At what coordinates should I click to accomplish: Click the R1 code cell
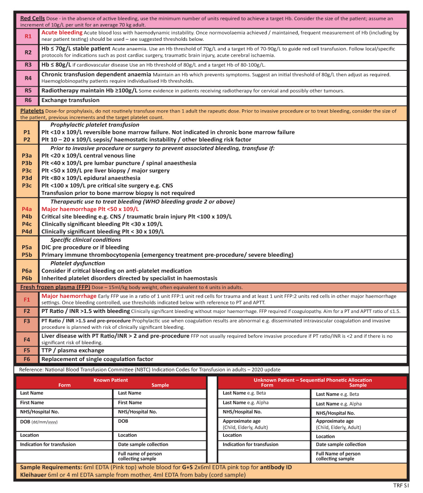click(28, 36)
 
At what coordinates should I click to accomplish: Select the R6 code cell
click(28, 100)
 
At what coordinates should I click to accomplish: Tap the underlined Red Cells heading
click(32, 18)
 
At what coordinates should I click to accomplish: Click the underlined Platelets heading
click(32, 111)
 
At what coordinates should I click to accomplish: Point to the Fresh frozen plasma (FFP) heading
click(55, 288)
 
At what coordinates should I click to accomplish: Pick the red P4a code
click(27, 209)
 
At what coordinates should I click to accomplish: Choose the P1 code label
click(27, 132)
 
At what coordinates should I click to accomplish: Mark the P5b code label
click(27, 255)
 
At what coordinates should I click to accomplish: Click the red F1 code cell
click(27, 299)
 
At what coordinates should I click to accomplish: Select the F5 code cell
click(27, 350)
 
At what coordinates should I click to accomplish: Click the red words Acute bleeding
click(62, 33)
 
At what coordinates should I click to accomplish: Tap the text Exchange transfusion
click(70, 100)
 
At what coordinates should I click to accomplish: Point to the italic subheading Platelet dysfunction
click(78, 263)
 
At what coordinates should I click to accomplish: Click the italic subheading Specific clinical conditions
click(86, 239)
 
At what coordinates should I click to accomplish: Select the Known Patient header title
click(111, 380)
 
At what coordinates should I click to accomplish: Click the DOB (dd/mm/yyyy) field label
click(39, 422)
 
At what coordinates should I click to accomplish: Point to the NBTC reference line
click(150, 370)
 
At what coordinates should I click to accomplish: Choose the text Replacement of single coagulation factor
click(97, 359)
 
